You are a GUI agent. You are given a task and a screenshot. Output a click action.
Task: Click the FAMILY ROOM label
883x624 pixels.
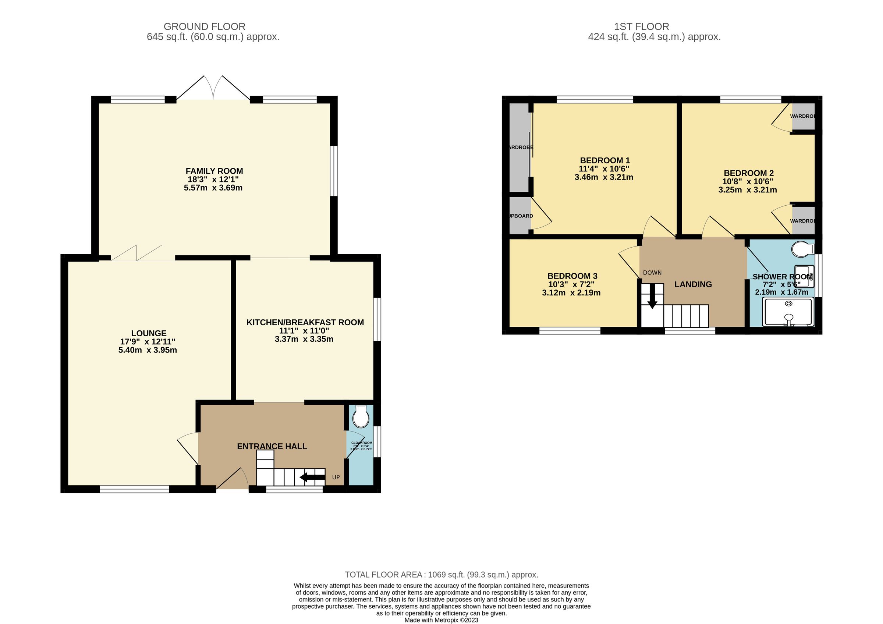(214, 171)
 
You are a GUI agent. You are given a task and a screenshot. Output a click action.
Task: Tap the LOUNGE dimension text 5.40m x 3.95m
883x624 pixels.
(148, 350)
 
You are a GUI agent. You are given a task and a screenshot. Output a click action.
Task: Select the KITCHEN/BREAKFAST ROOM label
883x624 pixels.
(305, 323)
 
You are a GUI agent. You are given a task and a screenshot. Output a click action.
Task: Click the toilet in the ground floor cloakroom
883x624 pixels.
(361, 417)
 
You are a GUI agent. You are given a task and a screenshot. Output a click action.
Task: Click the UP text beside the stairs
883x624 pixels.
(336, 478)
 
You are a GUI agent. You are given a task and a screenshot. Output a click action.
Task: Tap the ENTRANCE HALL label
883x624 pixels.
(272, 446)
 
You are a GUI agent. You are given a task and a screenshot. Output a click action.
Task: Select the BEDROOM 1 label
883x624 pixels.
(604, 160)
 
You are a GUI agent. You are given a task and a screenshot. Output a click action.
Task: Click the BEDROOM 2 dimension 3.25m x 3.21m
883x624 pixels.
(747, 190)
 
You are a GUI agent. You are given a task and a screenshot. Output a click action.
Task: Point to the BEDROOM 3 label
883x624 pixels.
(572, 276)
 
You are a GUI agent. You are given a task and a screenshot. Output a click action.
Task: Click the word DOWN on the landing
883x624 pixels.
(652, 273)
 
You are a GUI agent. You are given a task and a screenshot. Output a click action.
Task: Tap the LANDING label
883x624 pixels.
(693, 284)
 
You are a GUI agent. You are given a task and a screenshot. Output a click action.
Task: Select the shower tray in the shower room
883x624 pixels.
(788, 312)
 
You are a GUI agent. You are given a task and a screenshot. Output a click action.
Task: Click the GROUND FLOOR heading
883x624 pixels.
(204, 26)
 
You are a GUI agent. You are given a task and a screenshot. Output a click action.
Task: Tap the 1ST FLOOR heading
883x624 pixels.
(641, 26)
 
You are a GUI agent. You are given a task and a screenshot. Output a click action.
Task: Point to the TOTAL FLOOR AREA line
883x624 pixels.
(441, 575)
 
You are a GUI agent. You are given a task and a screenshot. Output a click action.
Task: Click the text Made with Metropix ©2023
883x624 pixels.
(441, 620)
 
